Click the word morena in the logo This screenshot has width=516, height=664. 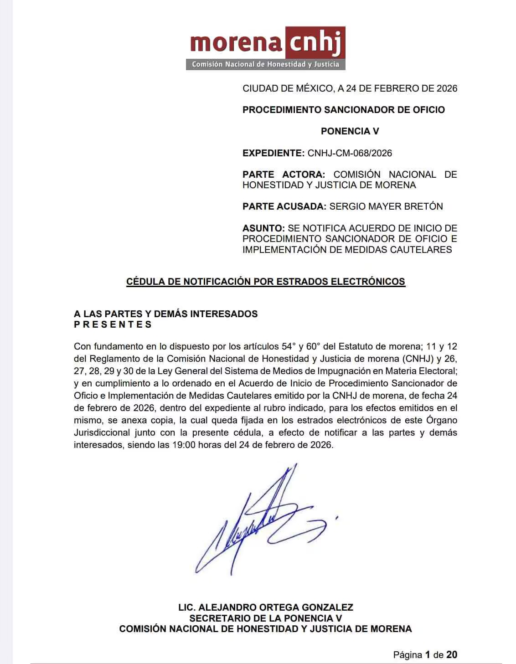tap(236, 43)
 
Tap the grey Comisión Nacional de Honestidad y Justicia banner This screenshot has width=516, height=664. tap(265, 64)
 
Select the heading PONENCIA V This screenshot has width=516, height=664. tap(350, 131)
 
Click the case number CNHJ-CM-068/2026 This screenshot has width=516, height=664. tap(350, 153)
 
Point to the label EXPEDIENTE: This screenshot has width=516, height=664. tap(273, 153)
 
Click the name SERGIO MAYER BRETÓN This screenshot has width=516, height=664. tap(386, 206)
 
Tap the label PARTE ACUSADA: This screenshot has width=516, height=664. tap(284, 206)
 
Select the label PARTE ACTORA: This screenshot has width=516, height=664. tap(284, 175)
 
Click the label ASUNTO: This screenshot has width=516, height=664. tap(263, 228)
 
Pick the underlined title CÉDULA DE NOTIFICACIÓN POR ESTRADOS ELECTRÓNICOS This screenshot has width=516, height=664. tap(265, 282)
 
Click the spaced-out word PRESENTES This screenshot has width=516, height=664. tap(113, 324)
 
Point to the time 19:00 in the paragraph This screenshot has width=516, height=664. tap(184, 445)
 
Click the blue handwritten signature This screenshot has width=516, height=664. tap(264, 520)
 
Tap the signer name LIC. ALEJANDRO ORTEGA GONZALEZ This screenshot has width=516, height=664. tap(265, 607)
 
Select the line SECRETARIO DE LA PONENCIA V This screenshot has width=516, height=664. tap(265, 618)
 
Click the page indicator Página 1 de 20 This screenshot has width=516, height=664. tap(425, 655)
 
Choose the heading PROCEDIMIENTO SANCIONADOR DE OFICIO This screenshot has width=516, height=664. tap(343, 110)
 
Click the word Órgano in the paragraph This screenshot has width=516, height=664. tap(442, 420)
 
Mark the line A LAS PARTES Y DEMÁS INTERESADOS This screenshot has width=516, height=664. tap(165, 314)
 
